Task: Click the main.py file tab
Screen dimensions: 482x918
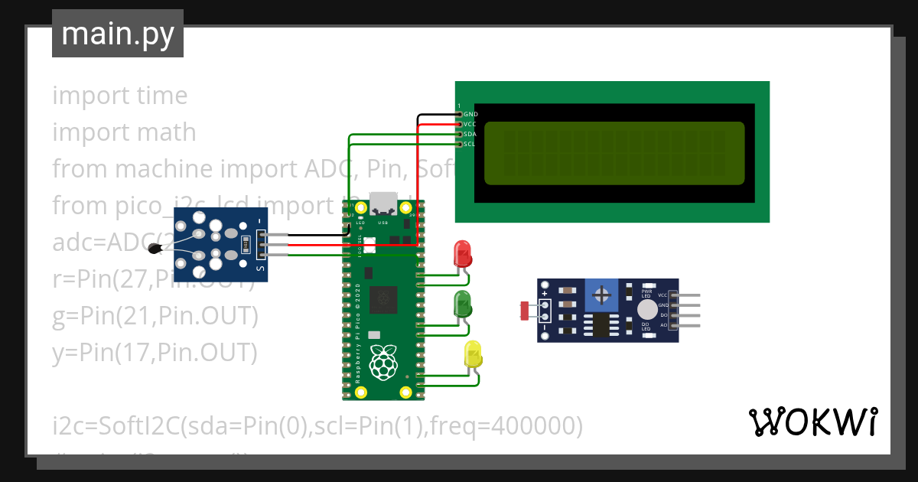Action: click(x=117, y=34)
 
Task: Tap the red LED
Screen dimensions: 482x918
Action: click(x=462, y=253)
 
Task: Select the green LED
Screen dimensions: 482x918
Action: click(x=463, y=304)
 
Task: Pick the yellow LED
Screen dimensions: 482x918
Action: click(x=474, y=354)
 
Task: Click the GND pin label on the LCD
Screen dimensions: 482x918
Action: click(x=470, y=114)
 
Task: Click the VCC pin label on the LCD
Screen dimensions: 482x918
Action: click(x=470, y=124)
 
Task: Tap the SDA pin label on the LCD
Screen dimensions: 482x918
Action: click(x=470, y=134)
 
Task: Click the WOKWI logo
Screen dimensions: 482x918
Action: click(x=812, y=422)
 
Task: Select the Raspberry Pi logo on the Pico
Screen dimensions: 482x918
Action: click(x=383, y=363)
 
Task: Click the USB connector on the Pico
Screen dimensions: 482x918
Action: click(x=383, y=203)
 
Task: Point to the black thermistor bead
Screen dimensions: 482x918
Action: click(x=156, y=248)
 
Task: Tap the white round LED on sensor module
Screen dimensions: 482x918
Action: click(x=647, y=309)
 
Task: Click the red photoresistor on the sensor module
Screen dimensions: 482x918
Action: click(x=525, y=311)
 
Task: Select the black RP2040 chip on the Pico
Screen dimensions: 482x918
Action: click(x=383, y=300)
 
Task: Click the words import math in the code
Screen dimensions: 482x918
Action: click(x=124, y=132)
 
